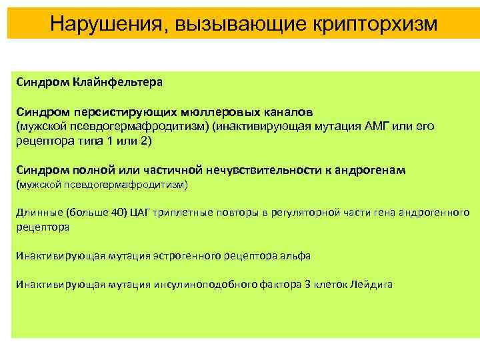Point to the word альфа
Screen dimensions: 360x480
[296, 255]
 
